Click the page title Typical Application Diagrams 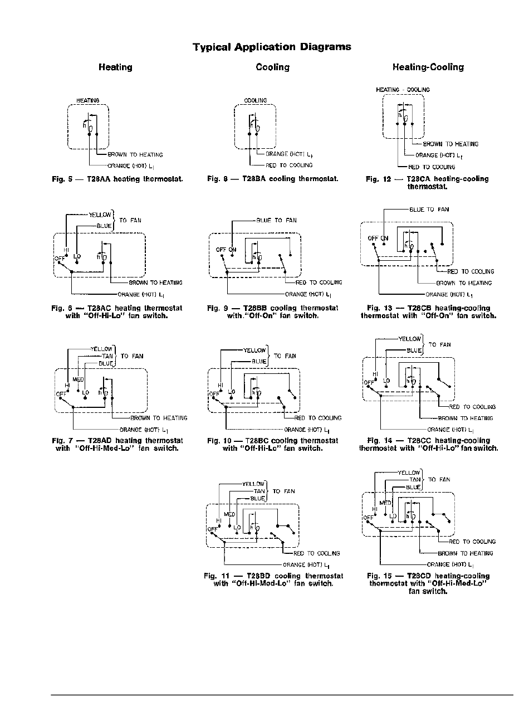click(x=272, y=47)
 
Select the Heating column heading click(x=115, y=67)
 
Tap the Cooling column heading click(x=272, y=67)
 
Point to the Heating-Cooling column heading click(x=428, y=67)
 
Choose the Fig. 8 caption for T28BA click(x=272, y=179)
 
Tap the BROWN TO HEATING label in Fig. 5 click(x=135, y=155)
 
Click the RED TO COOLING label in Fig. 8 click(x=289, y=165)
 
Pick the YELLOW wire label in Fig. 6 click(x=100, y=214)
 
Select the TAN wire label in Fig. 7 click(x=107, y=356)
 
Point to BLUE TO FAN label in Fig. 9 click(x=276, y=221)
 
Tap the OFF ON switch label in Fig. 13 click(x=378, y=238)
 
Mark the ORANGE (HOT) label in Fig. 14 click(x=450, y=430)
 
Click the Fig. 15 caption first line click(x=428, y=576)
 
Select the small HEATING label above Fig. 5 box click(x=87, y=101)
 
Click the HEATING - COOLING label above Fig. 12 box click(x=403, y=90)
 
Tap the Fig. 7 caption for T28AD click(x=117, y=441)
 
